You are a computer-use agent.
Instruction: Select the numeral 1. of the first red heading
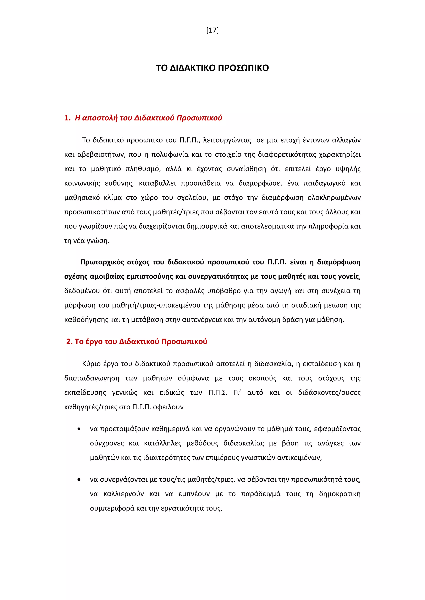[67, 118]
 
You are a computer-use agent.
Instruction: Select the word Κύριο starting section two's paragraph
[91, 364]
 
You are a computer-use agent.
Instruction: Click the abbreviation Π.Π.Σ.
[218, 393]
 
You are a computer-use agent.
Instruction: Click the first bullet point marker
[79, 429]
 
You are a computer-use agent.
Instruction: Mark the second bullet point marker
[79, 480]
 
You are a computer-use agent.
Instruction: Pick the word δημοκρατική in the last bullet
[340, 494]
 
